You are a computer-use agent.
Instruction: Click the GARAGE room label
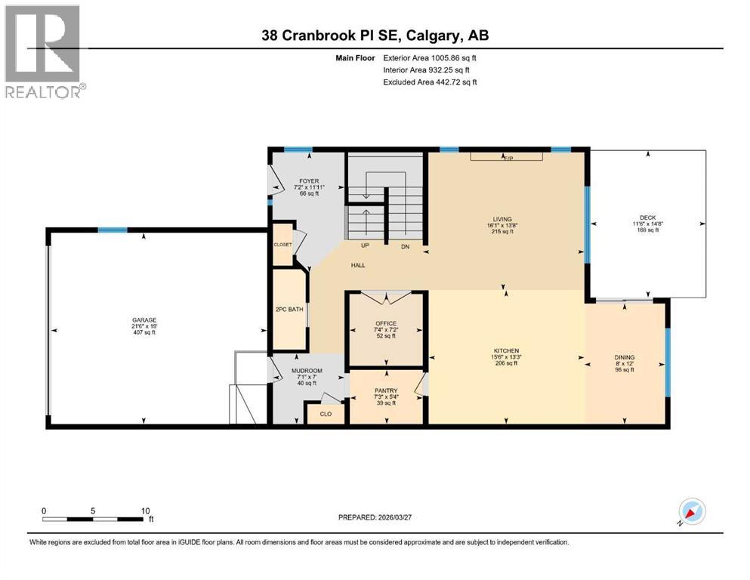[x=144, y=319]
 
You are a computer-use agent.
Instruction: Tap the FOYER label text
[x=308, y=181]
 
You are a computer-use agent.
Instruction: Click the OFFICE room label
[x=386, y=323]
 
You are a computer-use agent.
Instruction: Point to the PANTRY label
[x=387, y=390]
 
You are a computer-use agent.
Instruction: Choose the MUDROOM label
[x=307, y=371]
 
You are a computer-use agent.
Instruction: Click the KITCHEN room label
[x=505, y=351]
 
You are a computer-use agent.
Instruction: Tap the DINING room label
[x=625, y=357]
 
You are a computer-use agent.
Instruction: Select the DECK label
[x=648, y=217]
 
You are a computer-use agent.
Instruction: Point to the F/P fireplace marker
[x=508, y=158]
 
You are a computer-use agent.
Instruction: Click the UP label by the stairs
[x=366, y=246]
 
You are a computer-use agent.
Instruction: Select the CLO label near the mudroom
[x=326, y=414]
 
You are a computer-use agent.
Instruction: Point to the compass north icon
[x=691, y=511]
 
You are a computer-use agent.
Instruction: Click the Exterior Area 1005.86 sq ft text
[x=430, y=57]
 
